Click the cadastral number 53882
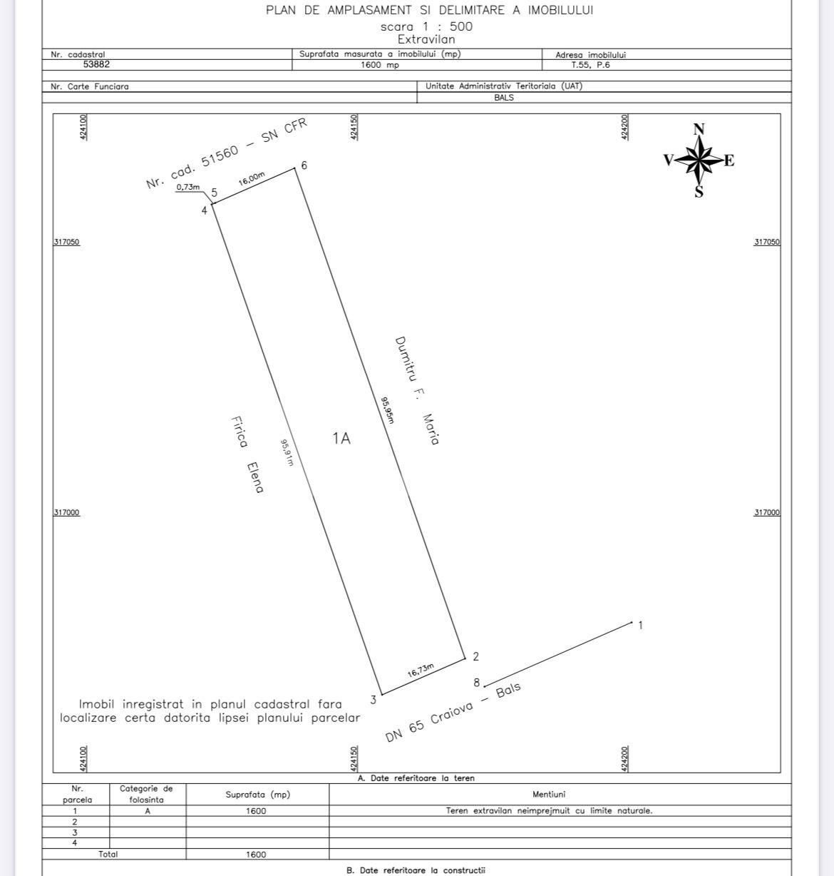96,64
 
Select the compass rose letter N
699,129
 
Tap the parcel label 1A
341,438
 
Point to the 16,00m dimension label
252,179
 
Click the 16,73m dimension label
421,671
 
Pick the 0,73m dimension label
187,187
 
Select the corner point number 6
304,165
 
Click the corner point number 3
373,701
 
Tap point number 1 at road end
640,626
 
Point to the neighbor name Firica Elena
247,455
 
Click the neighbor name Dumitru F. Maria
417,391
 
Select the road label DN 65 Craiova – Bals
453,713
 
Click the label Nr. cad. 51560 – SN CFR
226,153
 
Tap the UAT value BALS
504,98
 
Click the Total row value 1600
256,855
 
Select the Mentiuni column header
549,794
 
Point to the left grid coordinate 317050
66,242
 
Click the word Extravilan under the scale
426,39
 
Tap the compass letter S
699,191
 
